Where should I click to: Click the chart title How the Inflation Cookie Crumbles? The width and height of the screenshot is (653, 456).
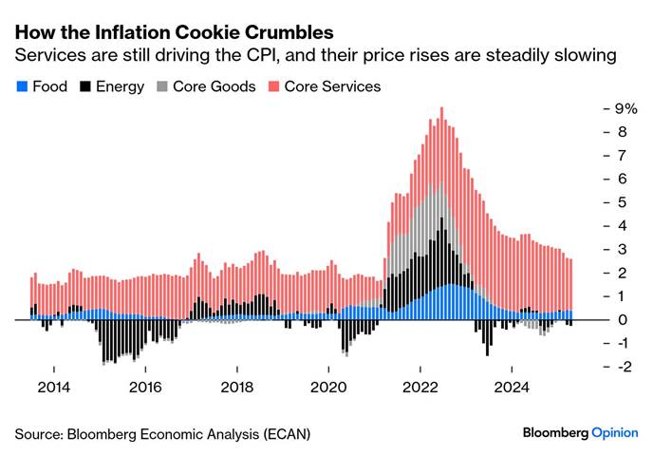(174, 32)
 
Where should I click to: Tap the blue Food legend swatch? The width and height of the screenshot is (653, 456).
(21, 87)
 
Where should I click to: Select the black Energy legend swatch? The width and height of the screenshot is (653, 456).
(85, 87)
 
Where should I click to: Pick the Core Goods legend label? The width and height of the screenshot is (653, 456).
(215, 86)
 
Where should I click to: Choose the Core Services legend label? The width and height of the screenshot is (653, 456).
(333, 86)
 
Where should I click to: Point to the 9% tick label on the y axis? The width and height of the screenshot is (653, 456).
(624, 108)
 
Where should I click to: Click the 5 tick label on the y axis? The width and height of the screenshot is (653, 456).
(619, 202)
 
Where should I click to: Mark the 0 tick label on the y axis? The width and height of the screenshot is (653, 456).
(619, 320)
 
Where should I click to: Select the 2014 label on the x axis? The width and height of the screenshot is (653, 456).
(53, 387)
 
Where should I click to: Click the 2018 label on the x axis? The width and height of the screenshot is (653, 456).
(236, 387)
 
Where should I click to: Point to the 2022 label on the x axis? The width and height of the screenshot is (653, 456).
(420, 387)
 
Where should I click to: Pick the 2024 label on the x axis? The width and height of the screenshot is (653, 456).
(512, 387)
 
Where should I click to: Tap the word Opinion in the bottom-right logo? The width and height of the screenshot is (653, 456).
(615, 432)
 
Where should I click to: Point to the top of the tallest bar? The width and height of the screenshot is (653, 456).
(441, 108)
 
